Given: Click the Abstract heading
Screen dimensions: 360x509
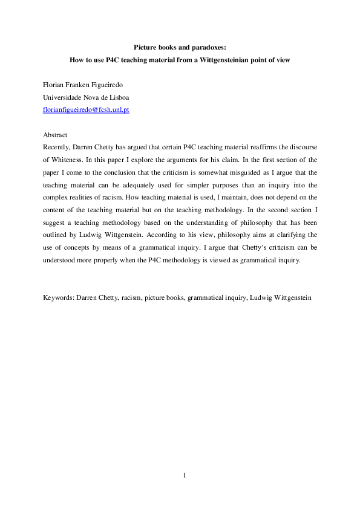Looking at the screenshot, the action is point(56,134).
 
